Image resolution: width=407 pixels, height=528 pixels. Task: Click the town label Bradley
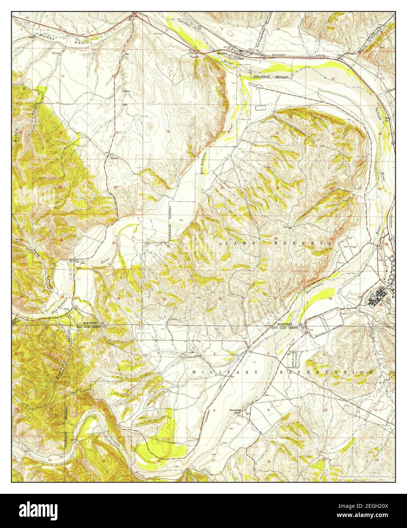click(x=222, y=54)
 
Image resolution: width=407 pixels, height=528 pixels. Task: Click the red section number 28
click(x=276, y=238)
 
